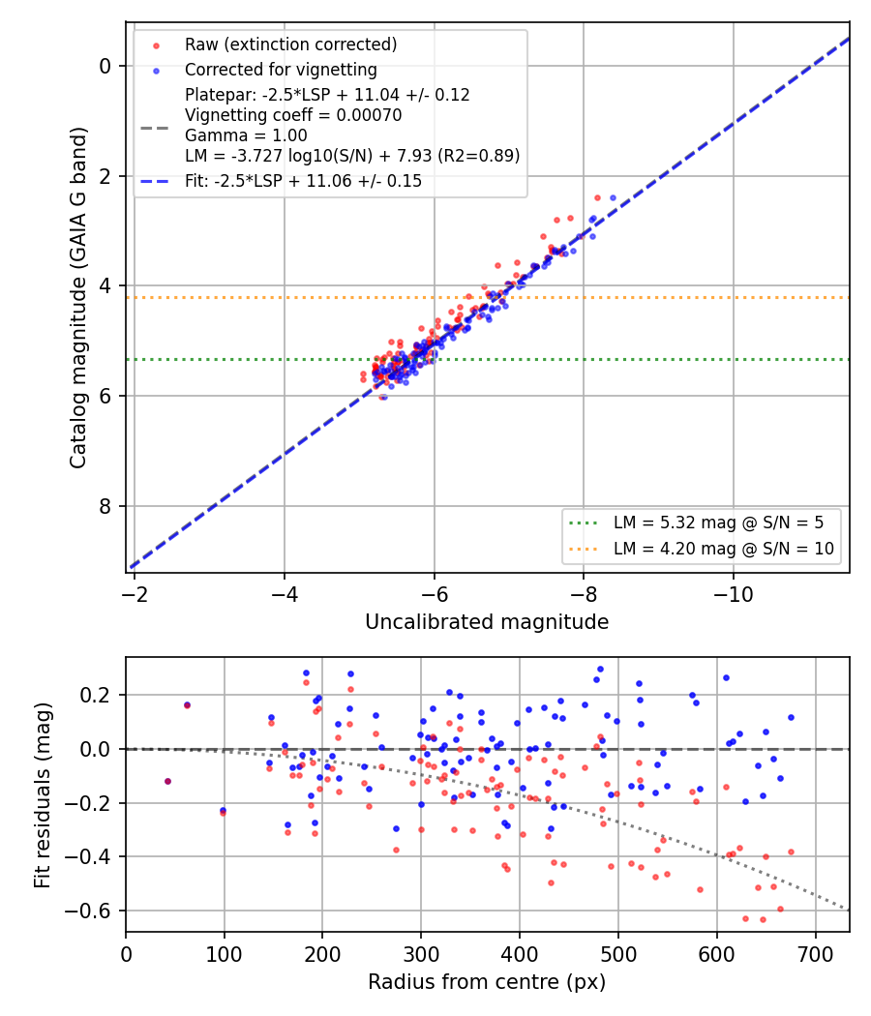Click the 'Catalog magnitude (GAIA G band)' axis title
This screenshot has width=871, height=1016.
pyautogui.click(x=77, y=297)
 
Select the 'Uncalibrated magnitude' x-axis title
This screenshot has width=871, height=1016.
pyautogui.click(x=487, y=622)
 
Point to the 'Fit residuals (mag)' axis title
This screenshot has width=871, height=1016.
pyautogui.click(x=43, y=795)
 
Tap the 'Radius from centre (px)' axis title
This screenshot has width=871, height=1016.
pyautogui.click(x=487, y=982)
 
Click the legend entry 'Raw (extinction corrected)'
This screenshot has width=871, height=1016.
pyautogui.click(x=291, y=45)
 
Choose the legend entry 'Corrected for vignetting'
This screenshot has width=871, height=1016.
pyautogui.click(x=281, y=70)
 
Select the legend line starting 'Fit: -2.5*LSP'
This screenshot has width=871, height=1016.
pyautogui.click(x=303, y=181)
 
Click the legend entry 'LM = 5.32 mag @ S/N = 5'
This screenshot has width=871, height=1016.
pyautogui.click(x=719, y=523)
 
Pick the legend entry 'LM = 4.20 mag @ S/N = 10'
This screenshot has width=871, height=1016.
pyautogui.click(x=724, y=549)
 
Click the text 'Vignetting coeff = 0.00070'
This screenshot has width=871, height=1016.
pyautogui.click(x=293, y=115)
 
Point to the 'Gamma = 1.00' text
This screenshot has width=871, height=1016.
pyautogui.click(x=246, y=135)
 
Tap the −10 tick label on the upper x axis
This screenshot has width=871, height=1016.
pyautogui.click(x=733, y=594)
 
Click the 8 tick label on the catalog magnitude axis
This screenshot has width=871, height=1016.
pyautogui.click(x=105, y=506)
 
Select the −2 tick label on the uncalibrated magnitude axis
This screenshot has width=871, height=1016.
pyautogui.click(x=135, y=594)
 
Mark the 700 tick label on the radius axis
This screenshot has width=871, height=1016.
pyautogui.click(x=815, y=954)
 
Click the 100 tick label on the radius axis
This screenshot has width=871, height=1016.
pyautogui.click(x=225, y=954)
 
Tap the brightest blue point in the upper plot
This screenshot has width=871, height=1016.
pyautogui.click(x=613, y=197)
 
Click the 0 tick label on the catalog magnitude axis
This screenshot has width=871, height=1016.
pyautogui.click(x=105, y=66)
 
